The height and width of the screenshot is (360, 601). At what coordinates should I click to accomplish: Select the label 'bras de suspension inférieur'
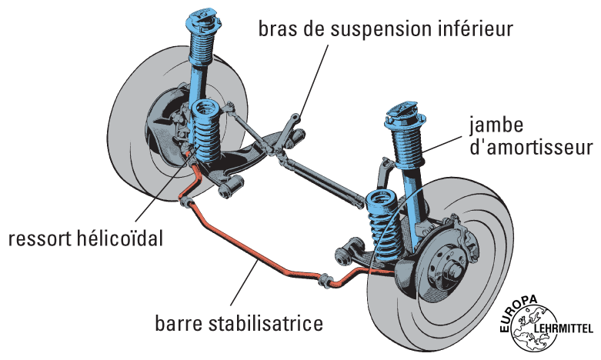point(385,30)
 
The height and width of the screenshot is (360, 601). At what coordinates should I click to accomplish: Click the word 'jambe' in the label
point(496,124)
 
